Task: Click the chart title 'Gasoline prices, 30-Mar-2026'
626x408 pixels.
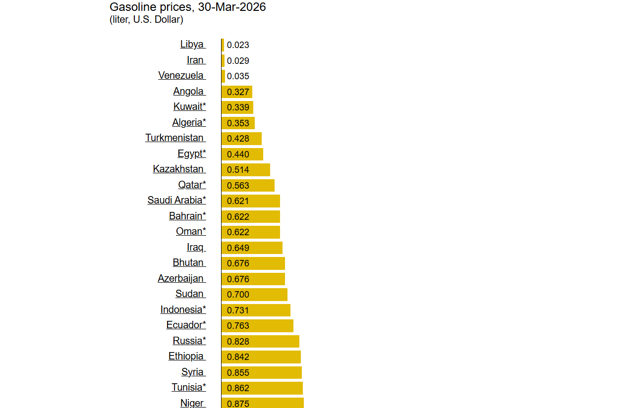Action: click(187, 7)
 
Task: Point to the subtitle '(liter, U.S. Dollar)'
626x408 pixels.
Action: click(146, 20)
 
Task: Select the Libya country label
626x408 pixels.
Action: click(192, 44)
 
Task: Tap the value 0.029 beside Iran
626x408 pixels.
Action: click(238, 61)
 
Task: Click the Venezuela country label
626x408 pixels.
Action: click(181, 75)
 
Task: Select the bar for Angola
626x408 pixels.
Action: click(237, 92)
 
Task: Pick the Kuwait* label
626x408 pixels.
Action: click(189, 106)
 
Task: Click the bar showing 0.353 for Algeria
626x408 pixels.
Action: click(238, 123)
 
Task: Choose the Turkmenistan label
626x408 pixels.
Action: click(174, 138)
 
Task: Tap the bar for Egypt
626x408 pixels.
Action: click(242, 154)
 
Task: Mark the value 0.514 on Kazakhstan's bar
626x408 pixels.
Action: click(238, 170)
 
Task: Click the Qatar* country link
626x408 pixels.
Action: click(192, 185)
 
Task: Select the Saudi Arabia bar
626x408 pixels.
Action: click(250, 201)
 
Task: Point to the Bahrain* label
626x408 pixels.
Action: click(187, 216)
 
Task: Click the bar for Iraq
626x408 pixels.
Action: click(252, 248)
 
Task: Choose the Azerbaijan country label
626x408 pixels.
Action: click(181, 278)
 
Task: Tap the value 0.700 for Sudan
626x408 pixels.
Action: click(238, 295)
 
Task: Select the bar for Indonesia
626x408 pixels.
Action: click(256, 310)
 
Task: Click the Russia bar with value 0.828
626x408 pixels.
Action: click(260, 341)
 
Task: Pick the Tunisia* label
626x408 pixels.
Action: click(188, 387)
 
